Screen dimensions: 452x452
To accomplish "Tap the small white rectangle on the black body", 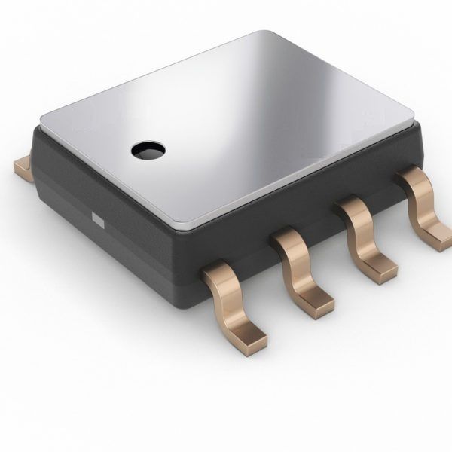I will (96, 219).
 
